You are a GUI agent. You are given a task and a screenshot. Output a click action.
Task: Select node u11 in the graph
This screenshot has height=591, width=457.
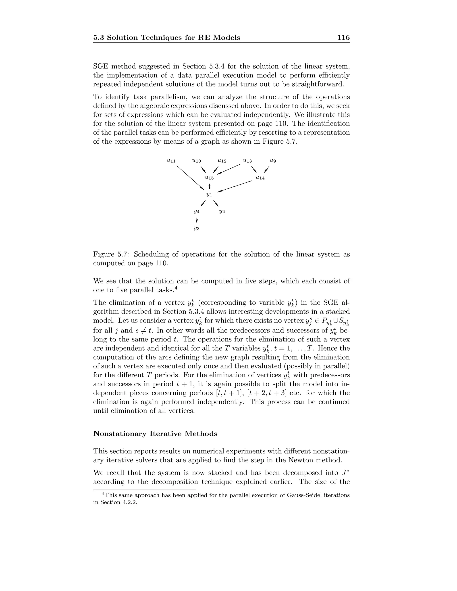[x=171, y=161]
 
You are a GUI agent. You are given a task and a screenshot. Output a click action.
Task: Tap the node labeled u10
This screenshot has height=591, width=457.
[x=197, y=161]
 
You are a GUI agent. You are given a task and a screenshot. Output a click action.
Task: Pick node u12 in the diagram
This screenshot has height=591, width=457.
[x=222, y=161]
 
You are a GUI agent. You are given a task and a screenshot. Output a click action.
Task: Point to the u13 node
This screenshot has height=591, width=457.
[x=247, y=161]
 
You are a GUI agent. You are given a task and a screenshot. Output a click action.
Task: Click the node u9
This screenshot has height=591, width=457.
[x=273, y=161]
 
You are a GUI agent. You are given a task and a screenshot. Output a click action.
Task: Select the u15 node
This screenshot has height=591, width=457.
[x=209, y=178]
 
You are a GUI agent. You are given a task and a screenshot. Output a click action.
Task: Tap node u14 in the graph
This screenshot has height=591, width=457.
[x=260, y=178]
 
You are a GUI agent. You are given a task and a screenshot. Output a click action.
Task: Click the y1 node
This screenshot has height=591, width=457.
[x=209, y=194]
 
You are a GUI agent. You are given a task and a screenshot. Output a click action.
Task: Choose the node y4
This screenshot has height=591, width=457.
[x=197, y=211]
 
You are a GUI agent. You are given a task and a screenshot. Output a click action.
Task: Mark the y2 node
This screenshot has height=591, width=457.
[x=222, y=211]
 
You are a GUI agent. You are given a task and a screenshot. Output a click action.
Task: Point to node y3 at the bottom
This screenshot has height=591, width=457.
[x=197, y=228]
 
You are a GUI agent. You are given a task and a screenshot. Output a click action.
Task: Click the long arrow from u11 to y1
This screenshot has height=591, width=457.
[x=190, y=178]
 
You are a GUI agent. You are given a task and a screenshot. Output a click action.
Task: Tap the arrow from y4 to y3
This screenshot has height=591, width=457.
[x=197, y=220]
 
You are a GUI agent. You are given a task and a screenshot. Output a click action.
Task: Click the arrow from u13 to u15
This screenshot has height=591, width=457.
[x=229, y=169]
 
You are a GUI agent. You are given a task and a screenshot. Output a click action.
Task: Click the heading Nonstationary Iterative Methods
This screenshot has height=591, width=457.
[x=155, y=434]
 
